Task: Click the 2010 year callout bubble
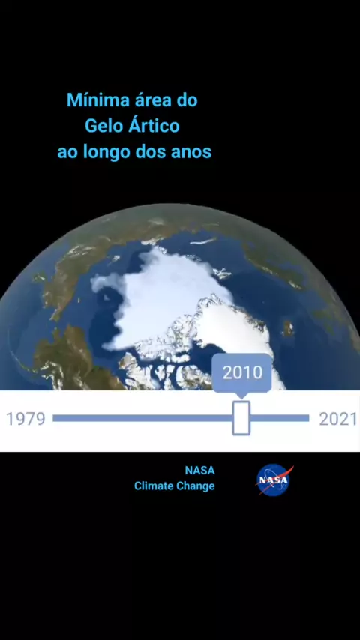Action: point(242,372)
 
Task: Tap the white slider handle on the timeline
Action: point(241,418)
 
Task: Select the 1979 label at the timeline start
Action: point(25,419)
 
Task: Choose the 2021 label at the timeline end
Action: point(338,419)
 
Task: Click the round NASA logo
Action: point(273,480)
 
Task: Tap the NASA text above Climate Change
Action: point(199,470)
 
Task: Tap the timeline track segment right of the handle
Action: point(280,418)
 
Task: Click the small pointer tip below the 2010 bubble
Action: point(241,397)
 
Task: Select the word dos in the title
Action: point(150,153)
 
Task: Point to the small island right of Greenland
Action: point(288,327)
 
